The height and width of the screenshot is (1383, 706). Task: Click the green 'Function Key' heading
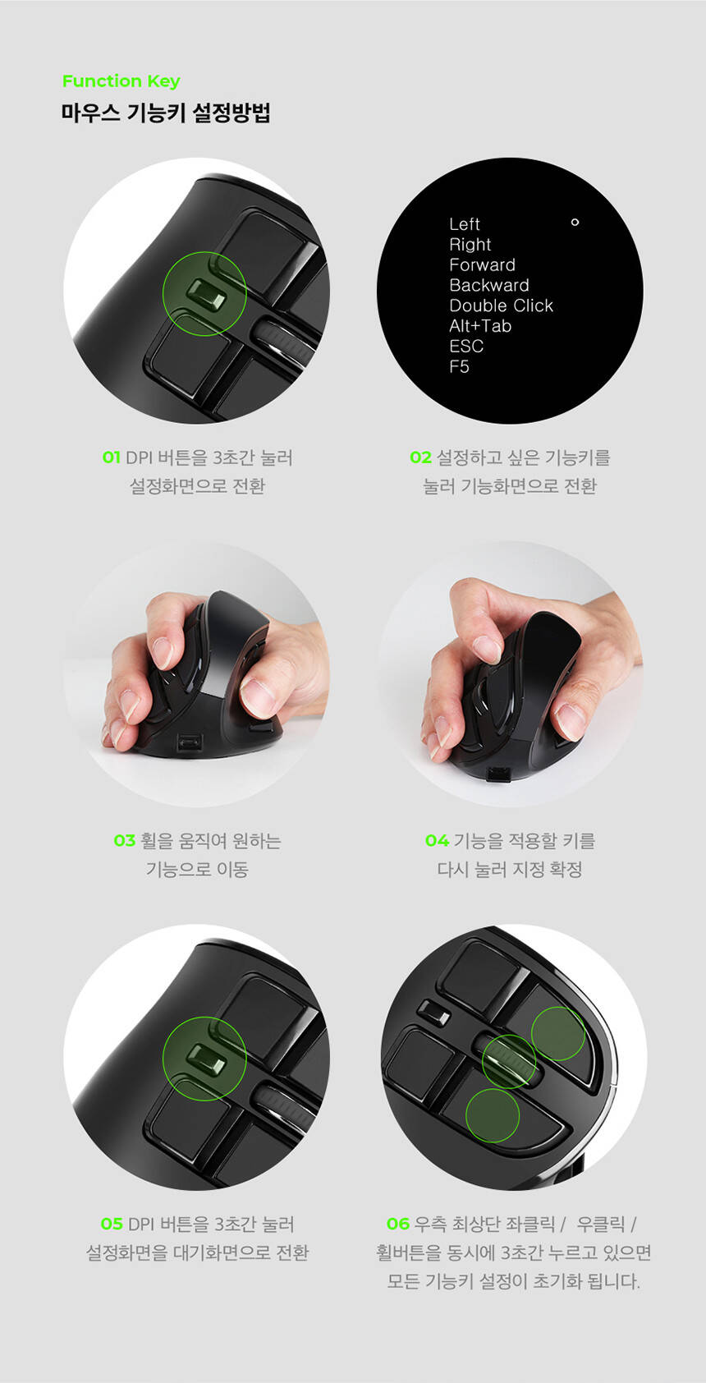[x=121, y=81]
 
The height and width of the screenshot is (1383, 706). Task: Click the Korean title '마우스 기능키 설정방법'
[x=166, y=113]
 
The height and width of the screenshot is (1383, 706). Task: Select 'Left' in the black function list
[x=465, y=224]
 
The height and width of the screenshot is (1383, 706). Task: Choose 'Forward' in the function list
[x=482, y=265]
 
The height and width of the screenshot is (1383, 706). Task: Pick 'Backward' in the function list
[x=489, y=285]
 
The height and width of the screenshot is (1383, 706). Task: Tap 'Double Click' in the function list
[x=501, y=306]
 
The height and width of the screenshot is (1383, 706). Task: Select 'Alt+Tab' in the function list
[x=480, y=326]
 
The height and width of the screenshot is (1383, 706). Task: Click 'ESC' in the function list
[x=466, y=347]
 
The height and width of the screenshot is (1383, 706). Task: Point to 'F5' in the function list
[x=459, y=367]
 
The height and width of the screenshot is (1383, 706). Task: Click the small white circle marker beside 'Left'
[x=575, y=223]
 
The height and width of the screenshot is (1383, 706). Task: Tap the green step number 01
[x=111, y=457]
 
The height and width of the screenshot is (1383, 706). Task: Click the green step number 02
[x=420, y=457]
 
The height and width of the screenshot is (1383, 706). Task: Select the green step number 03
[x=124, y=840]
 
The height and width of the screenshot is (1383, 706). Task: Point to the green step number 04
[x=437, y=840]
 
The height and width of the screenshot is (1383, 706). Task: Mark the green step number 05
[x=112, y=1223]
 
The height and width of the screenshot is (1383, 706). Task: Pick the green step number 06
[x=398, y=1223]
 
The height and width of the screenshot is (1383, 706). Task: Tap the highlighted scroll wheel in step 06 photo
[x=508, y=1061]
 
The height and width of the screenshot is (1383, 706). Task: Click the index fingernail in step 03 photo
[x=162, y=653]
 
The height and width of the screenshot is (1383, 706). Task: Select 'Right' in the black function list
[x=470, y=245]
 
